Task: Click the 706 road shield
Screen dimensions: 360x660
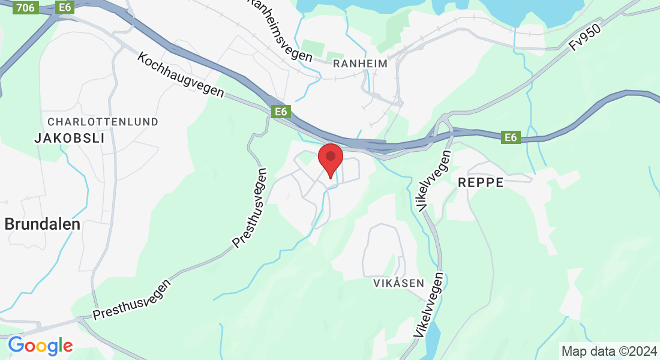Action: point(26,8)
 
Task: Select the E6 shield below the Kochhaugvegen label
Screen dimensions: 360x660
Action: point(280,112)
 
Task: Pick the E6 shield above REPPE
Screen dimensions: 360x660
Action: point(511,138)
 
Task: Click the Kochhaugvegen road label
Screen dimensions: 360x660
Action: point(181,76)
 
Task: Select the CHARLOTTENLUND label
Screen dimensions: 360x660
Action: point(103,122)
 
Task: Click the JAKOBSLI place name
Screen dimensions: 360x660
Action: point(70,138)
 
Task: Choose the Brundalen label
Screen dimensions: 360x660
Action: point(43,224)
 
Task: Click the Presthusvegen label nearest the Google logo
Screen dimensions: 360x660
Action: point(131,298)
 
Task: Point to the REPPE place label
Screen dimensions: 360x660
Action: point(481,183)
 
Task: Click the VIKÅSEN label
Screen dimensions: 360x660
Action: point(398,283)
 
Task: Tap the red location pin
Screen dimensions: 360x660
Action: point(330,160)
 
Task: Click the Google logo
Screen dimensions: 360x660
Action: point(40,346)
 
